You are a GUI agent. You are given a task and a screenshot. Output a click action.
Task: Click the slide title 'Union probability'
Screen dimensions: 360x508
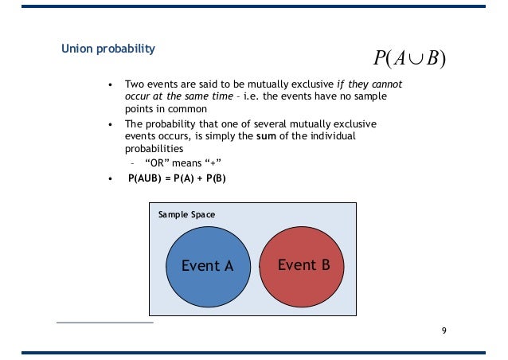point(108,49)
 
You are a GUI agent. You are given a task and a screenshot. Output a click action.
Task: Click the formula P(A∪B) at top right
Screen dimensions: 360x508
point(409,58)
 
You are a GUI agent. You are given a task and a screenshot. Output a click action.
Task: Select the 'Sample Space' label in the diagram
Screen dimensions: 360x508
point(186,215)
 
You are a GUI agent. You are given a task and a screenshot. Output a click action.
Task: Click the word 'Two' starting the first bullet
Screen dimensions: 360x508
point(134,84)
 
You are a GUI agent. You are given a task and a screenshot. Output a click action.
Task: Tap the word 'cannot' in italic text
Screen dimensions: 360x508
point(385,84)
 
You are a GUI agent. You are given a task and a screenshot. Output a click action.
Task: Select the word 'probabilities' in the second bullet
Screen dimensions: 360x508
point(154,149)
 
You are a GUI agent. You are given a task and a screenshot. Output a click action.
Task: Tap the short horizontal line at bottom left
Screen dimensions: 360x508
point(104,323)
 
